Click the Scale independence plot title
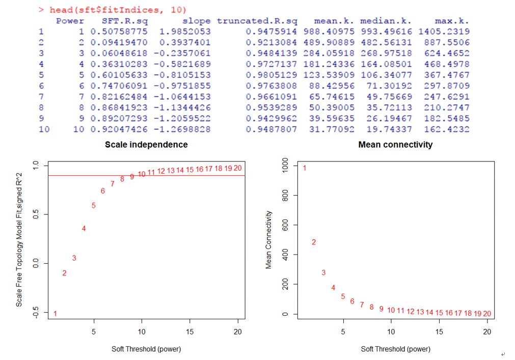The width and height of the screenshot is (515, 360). (x=146, y=145)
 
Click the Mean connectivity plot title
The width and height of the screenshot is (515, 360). (x=395, y=145)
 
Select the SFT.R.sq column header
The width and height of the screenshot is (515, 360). (x=124, y=21)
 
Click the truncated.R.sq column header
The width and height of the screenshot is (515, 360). (x=257, y=21)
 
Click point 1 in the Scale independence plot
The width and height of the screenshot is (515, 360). (x=55, y=313)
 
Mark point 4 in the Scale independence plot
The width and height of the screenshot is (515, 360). (x=84, y=229)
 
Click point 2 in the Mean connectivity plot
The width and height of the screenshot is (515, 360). (x=314, y=242)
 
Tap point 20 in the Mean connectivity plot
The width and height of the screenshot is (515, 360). (x=487, y=314)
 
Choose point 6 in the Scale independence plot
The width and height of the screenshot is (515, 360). (x=103, y=191)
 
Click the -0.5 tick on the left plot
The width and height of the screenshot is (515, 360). (x=35, y=312)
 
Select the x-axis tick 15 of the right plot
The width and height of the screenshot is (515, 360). (x=439, y=332)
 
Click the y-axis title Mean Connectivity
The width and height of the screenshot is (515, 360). (x=268, y=240)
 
